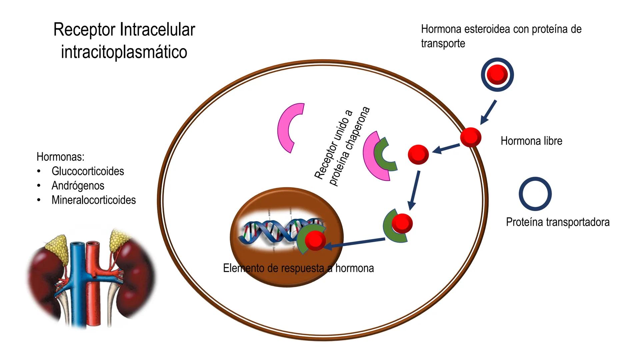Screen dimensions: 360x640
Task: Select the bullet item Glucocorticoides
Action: tap(88, 171)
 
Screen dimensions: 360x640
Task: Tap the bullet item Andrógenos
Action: tap(78, 185)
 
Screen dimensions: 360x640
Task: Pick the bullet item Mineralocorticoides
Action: tap(94, 200)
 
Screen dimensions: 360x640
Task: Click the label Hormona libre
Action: tap(531, 141)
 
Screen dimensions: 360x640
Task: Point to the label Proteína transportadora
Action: tap(557, 222)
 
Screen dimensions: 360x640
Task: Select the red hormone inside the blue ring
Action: tap(497, 74)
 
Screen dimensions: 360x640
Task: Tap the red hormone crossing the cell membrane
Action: tap(471, 137)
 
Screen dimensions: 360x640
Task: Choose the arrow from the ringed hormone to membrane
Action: tap(488, 112)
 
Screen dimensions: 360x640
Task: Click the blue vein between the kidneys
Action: tap(79, 283)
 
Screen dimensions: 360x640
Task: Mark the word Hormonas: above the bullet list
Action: tap(60, 156)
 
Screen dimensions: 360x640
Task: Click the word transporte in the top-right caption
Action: tap(443, 43)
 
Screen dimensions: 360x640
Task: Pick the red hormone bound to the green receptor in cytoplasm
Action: tap(402, 223)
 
